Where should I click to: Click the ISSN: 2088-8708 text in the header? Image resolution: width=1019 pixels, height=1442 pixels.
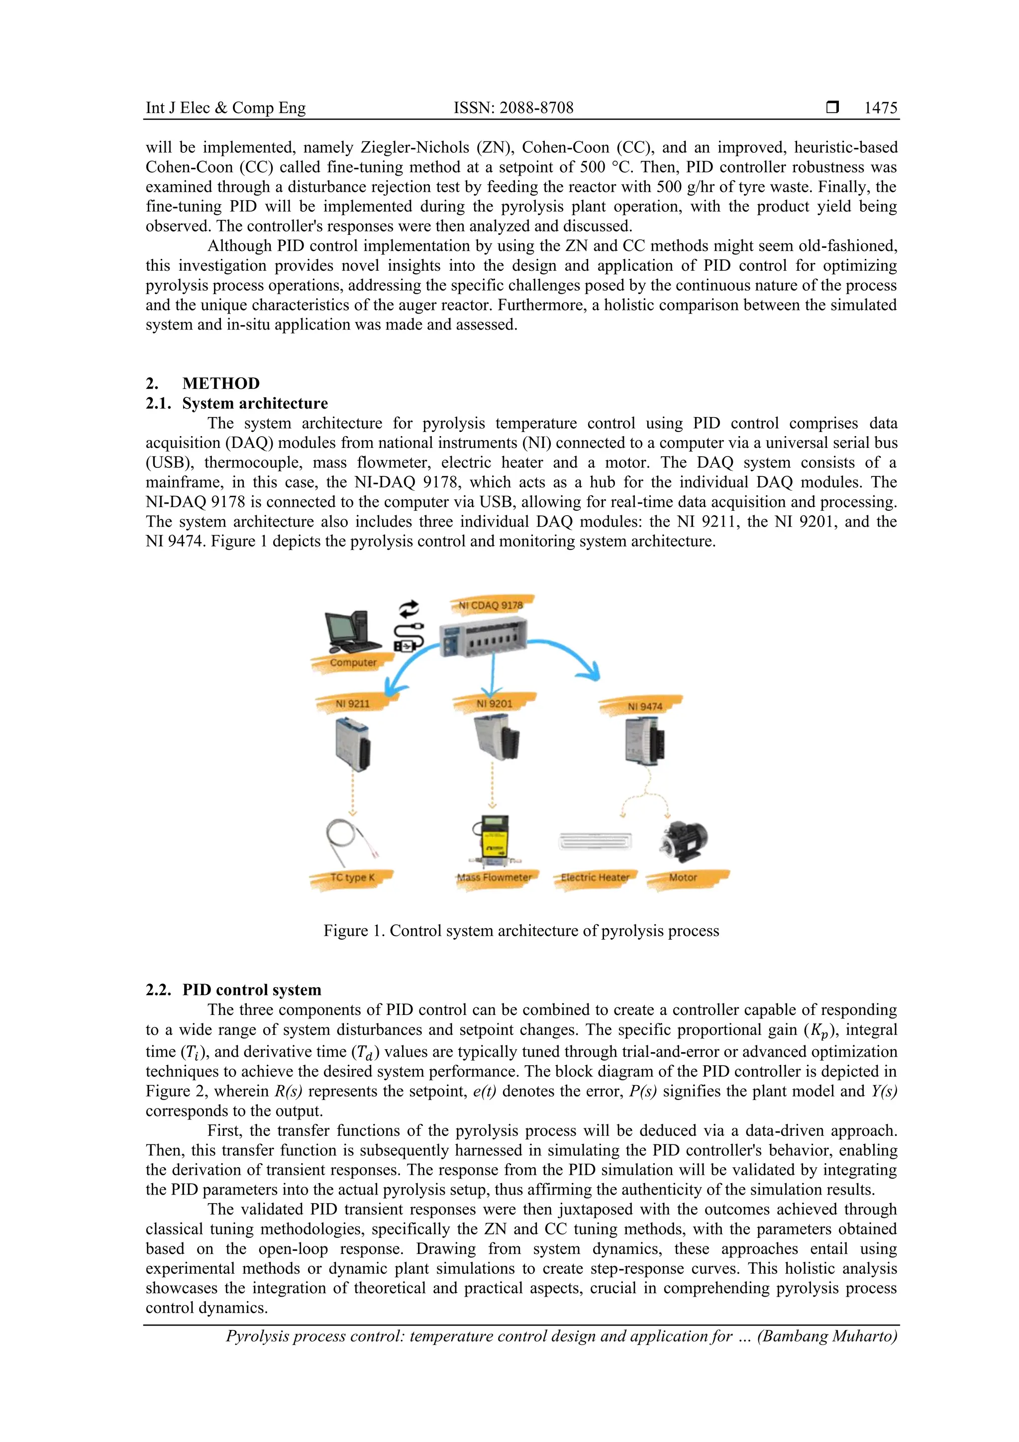click(513, 108)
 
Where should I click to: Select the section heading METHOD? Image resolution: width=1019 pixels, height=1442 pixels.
click(220, 383)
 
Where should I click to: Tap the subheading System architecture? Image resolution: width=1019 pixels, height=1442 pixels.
click(254, 403)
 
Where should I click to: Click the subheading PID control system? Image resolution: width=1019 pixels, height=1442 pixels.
click(251, 990)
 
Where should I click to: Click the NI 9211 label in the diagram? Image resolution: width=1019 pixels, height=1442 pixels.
click(352, 703)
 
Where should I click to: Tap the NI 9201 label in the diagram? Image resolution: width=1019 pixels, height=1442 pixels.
click(494, 703)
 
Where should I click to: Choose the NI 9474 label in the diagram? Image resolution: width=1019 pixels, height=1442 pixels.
click(644, 706)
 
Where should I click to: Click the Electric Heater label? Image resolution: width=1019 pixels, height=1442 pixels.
click(595, 878)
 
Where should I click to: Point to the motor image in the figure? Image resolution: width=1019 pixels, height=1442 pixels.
click(683, 841)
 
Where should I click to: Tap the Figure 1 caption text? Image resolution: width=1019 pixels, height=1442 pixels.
click(521, 930)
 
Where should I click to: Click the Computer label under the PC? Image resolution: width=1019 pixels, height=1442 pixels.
click(353, 662)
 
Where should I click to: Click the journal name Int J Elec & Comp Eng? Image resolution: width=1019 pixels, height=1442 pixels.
click(225, 108)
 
